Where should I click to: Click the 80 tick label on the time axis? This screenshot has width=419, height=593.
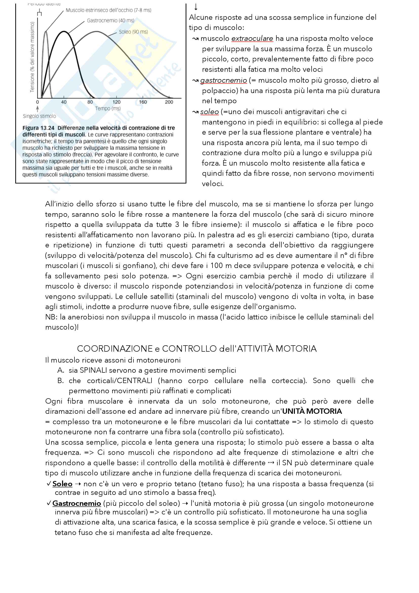90,102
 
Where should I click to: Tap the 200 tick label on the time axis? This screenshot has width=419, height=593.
169,102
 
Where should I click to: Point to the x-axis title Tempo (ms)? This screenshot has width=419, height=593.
108,109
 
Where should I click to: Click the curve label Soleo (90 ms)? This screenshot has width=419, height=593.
134,32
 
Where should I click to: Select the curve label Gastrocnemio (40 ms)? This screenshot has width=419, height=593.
110,20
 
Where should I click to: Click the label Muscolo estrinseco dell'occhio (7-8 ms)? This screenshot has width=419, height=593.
108,10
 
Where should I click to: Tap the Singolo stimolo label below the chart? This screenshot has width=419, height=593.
39,116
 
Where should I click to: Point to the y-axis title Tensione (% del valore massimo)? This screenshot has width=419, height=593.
32,57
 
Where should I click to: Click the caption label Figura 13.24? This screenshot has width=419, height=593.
39,128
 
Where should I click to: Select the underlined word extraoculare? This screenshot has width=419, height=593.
252,39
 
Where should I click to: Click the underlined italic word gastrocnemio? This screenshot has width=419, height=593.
223,80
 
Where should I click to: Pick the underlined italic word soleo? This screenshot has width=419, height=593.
210,112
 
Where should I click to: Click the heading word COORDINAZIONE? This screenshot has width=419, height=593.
115,349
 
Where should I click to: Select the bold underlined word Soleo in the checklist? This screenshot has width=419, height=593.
62,484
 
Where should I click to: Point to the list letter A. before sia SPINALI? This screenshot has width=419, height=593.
61,370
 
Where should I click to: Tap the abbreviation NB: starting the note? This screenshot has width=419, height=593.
51,317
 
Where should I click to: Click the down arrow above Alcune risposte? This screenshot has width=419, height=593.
196,7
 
